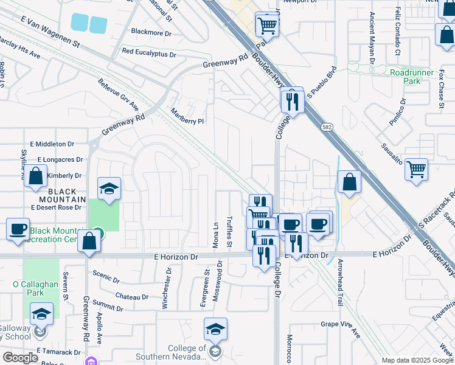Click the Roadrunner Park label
click(x=405, y=76)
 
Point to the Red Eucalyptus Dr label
click(x=149, y=54)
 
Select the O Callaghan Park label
click(x=36, y=288)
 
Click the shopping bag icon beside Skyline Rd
click(x=36, y=176)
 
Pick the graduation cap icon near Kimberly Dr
click(x=109, y=189)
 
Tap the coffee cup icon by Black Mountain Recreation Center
click(x=18, y=229)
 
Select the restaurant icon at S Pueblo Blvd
click(x=292, y=100)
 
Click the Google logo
click(x=20, y=357)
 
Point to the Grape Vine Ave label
click(x=341, y=328)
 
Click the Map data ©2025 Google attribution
click(x=417, y=360)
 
